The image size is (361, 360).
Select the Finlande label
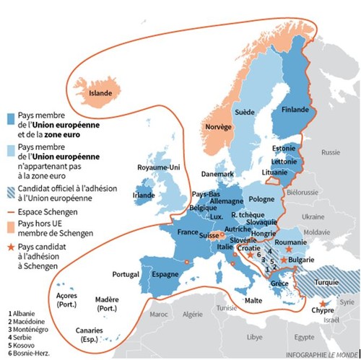coord(295,110)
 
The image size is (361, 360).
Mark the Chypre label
coord(322,312)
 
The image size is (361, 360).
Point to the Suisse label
coord(209,236)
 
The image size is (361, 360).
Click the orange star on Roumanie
coord(288,247)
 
